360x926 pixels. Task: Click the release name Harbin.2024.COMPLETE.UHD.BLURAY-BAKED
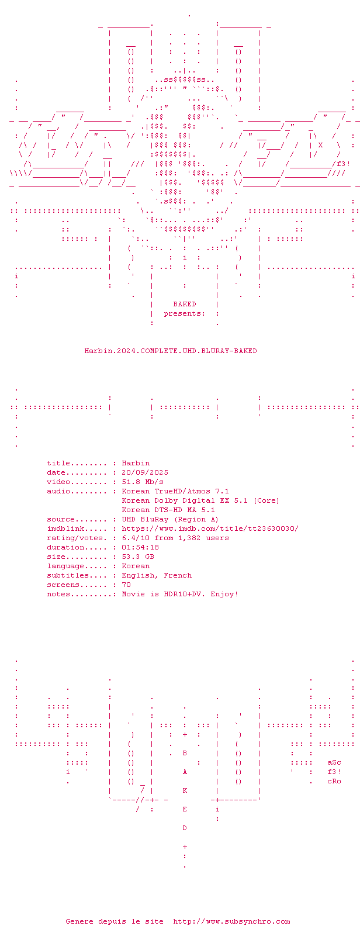171,351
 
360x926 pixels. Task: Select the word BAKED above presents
185,304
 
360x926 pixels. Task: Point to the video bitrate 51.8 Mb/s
143,482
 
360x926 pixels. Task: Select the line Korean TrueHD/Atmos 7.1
175,491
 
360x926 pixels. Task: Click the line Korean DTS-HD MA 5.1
168,510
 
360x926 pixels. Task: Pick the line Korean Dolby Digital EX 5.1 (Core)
200,500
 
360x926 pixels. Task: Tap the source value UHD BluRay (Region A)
170,519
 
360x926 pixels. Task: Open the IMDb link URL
210,528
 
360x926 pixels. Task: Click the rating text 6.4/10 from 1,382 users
175,538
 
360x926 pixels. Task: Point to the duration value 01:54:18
140,547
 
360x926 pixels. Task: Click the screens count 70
126,585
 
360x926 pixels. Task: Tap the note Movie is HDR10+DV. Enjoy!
180,594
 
